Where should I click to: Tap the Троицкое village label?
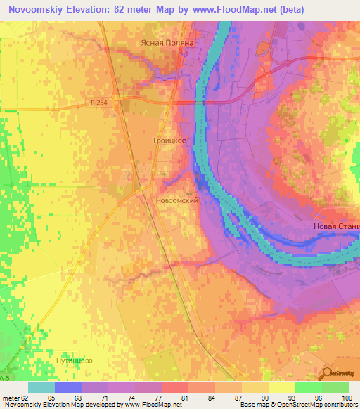point(169,141)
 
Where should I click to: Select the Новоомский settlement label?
point(177,200)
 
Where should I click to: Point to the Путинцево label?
point(75,361)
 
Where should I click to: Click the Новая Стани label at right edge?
point(336,226)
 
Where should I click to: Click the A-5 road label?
point(6,378)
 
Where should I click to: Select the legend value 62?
point(25,398)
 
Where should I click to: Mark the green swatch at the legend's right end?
point(335,387)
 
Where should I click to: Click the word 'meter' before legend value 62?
point(10,398)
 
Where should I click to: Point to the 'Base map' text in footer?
point(253,405)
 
